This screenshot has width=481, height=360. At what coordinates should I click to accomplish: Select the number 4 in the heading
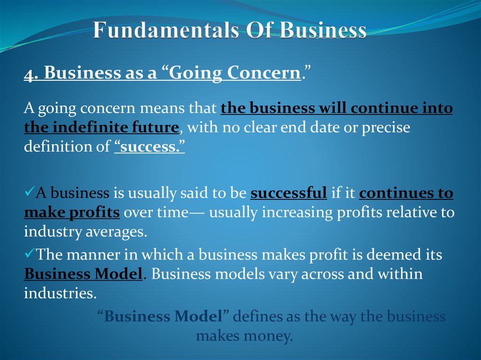(28, 73)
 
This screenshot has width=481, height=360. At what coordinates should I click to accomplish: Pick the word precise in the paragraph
(386, 127)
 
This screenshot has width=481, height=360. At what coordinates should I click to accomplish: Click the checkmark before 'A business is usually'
(29, 192)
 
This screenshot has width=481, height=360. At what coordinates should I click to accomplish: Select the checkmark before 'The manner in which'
(29, 253)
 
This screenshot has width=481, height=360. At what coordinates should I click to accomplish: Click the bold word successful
(289, 193)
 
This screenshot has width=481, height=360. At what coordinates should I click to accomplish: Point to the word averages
(120, 232)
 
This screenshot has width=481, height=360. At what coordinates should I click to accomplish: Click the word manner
(92, 254)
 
